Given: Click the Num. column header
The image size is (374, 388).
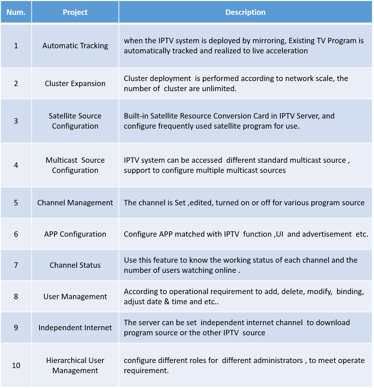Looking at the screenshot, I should tap(16, 12).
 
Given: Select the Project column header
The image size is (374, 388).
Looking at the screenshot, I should tap(75, 12).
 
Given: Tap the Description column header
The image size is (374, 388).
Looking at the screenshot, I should tap(246, 12).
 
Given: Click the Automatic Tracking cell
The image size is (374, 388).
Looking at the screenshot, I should tap(75, 46).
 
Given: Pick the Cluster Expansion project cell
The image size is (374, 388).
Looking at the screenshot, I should tap(75, 83).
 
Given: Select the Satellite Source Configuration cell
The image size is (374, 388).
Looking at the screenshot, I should tap(75, 121).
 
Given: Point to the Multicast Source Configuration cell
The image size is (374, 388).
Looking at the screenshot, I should tap(75, 165).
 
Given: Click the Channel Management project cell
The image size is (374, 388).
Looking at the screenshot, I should tap(75, 203).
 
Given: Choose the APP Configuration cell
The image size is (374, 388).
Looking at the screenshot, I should tap(75, 234).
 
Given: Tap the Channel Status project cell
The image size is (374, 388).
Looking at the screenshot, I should tap(75, 265).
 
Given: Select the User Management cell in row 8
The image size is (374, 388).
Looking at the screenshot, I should tap(75, 296).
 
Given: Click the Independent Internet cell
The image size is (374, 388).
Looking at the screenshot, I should tap(75, 328).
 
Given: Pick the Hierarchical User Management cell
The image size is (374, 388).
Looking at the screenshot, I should tap(75, 365).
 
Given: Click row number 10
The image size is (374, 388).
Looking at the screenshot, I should tap(16, 365).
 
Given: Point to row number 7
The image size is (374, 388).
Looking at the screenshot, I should tap(16, 265).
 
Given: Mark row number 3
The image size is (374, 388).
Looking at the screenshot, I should tap(16, 121).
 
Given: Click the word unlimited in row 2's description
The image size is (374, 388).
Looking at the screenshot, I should tap(220, 88).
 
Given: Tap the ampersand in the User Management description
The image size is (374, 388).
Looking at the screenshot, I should tap(167, 302).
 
